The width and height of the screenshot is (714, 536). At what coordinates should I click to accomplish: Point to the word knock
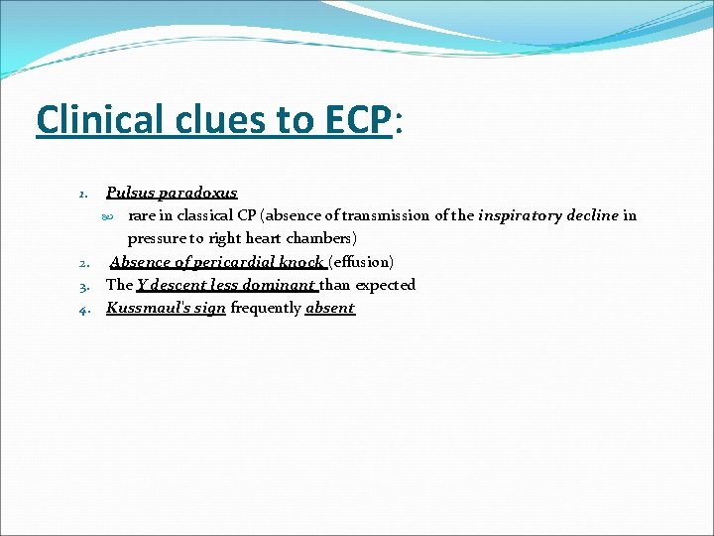pos(301,262)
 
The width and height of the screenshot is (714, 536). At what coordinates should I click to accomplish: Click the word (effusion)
pos(361,262)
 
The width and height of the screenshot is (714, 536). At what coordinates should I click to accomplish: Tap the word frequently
pos(266,308)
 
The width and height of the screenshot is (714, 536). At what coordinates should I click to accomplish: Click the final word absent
pos(330,308)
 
